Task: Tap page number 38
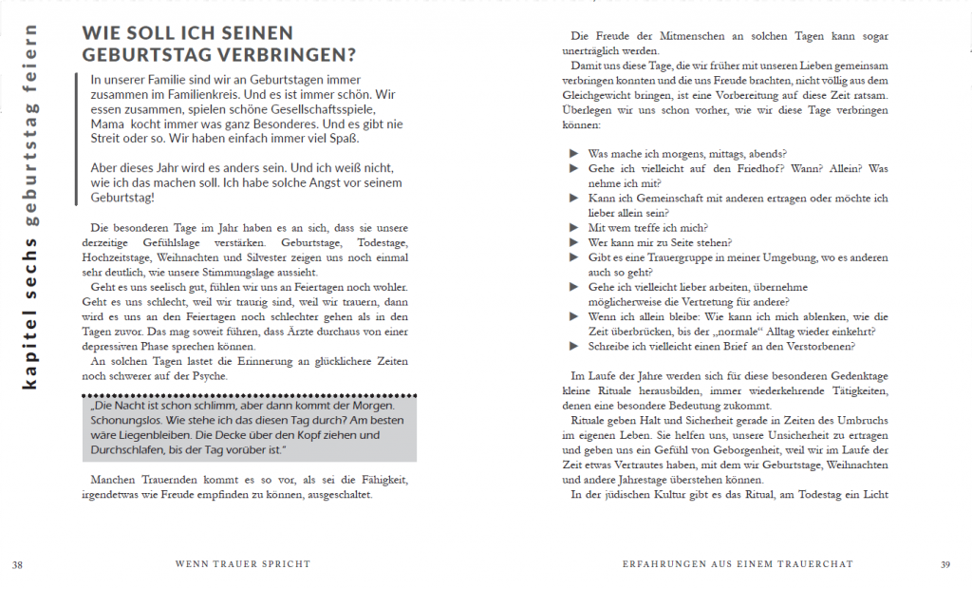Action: (x=17, y=564)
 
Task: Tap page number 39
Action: (x=944, y=564)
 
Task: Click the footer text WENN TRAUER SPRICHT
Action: (x=243, y=564)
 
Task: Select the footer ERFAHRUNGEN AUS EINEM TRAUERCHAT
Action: (x=737, y=564)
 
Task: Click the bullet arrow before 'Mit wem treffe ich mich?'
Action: (x=573, y=228)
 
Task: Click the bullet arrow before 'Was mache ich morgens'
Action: (x=573, y=154)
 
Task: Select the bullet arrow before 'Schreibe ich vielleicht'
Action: (x=573, y=347)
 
